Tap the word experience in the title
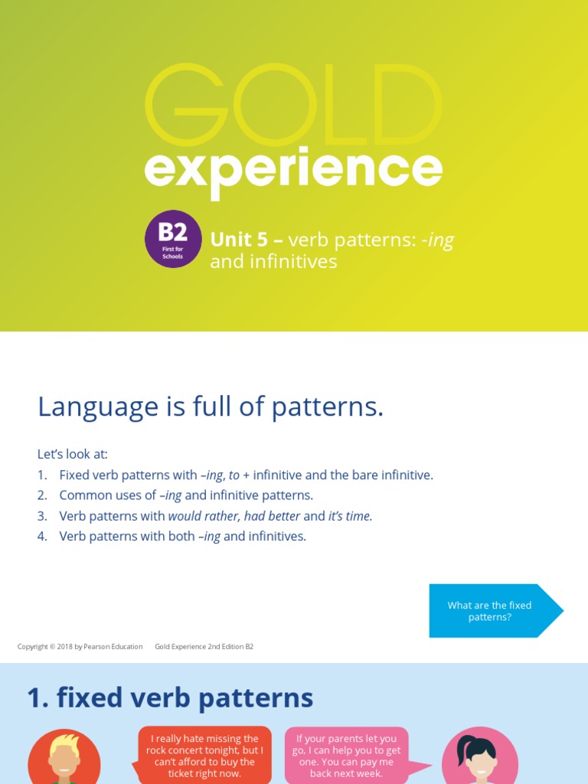click(x=293, y=169)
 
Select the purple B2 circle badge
click(x=173, y=239)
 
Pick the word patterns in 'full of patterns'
click(x=331, y=408)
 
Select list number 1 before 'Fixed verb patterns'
click(x=42, y=475)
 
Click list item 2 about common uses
click(x=186, y=495)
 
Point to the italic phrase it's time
click(x=350, y=516)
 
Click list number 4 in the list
click(x=42, y=537)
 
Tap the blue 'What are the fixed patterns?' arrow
click(x=494, y=611)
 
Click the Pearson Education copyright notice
click(x=80, y=647)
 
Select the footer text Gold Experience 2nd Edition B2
click(x=204, y=647)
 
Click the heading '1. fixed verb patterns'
click(x=170, y=698)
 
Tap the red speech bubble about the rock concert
click(x=204, y=756)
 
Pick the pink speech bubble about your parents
click(x=347, y=756)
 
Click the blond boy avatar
click(x=64, y=758)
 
